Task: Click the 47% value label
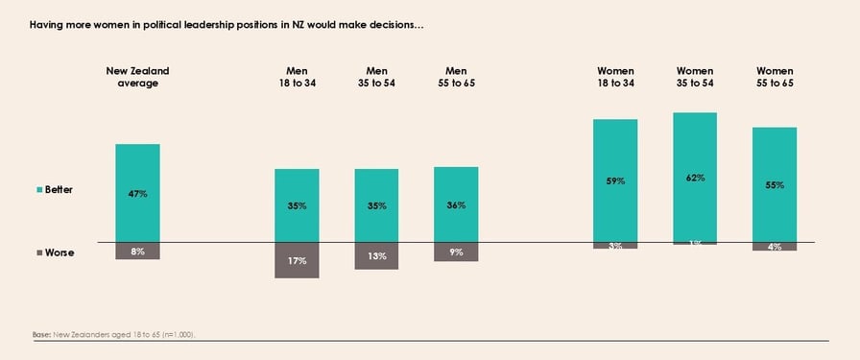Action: click(x=137, y=194)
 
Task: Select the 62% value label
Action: click(x=695, y=178)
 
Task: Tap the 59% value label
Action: click(x=615, y=180)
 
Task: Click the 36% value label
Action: click(x=456, y=205)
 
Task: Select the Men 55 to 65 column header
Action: click(x=456, y=77)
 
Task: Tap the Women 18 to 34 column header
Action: click(x=615, y=77)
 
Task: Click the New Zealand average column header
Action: click(x=137, y=77)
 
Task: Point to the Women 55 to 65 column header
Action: click(x=775, y=77)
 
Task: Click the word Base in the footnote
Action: click(x=41, y=334)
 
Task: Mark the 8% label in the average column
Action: click(x=137, y=251)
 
